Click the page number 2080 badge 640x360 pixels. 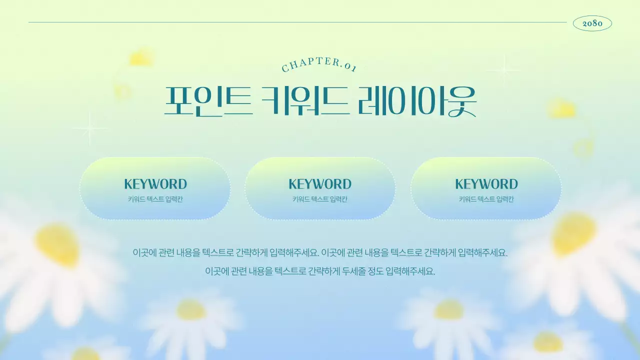[592, 23]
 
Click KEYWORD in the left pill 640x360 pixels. [155, 184]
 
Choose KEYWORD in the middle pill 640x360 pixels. [320, 184]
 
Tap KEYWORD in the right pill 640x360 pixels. [486, 184]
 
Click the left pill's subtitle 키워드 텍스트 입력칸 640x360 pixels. [155, 199]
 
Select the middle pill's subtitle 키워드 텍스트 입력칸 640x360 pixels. [320, 199]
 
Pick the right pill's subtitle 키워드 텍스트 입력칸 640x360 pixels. [486, 199]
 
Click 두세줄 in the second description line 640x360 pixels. [354, 271]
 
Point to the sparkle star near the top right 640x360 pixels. [503, 69]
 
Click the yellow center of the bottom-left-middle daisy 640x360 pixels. [191, 309]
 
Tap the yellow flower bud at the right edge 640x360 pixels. [562, 109]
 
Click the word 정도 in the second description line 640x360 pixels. [375, 271]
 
